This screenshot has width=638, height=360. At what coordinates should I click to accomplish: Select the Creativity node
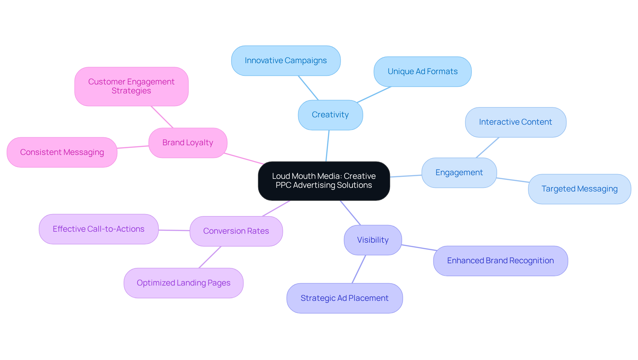[x=330, y=115]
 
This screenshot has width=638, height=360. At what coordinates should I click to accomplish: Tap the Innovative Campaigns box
[x=286, y=61]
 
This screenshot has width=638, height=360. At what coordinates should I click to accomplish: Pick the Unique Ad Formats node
[x=422, y=72]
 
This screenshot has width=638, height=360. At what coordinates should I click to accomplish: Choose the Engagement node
[x=459, y=173]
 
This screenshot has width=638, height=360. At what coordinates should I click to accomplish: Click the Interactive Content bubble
[x=515, y=122]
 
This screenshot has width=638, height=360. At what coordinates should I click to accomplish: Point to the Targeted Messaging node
[x=579, y=189]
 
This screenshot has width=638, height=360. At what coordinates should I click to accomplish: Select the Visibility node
[x=372, y=240]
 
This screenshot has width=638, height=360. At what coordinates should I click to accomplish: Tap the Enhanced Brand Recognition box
[x=500, y=261]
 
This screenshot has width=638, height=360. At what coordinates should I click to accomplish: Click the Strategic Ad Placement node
[x=344, y=299]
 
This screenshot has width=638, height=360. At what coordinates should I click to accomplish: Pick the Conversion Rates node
[x=236, y=231]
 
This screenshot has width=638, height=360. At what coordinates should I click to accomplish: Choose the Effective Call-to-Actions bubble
[x=98, y=229]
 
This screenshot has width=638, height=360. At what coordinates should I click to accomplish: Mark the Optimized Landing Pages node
[x=183, y=283]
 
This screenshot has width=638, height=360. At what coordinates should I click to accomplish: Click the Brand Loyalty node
[x=188, y=143]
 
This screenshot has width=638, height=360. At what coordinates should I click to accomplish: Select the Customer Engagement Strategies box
[x=131, y=87]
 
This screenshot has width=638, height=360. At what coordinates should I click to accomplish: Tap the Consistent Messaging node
[x=62, y=153]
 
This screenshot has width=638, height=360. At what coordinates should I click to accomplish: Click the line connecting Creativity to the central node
[x=327, y=146]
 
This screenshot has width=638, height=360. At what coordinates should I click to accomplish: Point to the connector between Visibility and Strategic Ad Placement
[x=359, y=269]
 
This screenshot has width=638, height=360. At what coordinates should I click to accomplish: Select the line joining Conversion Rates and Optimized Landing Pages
[x=210, y=257]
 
